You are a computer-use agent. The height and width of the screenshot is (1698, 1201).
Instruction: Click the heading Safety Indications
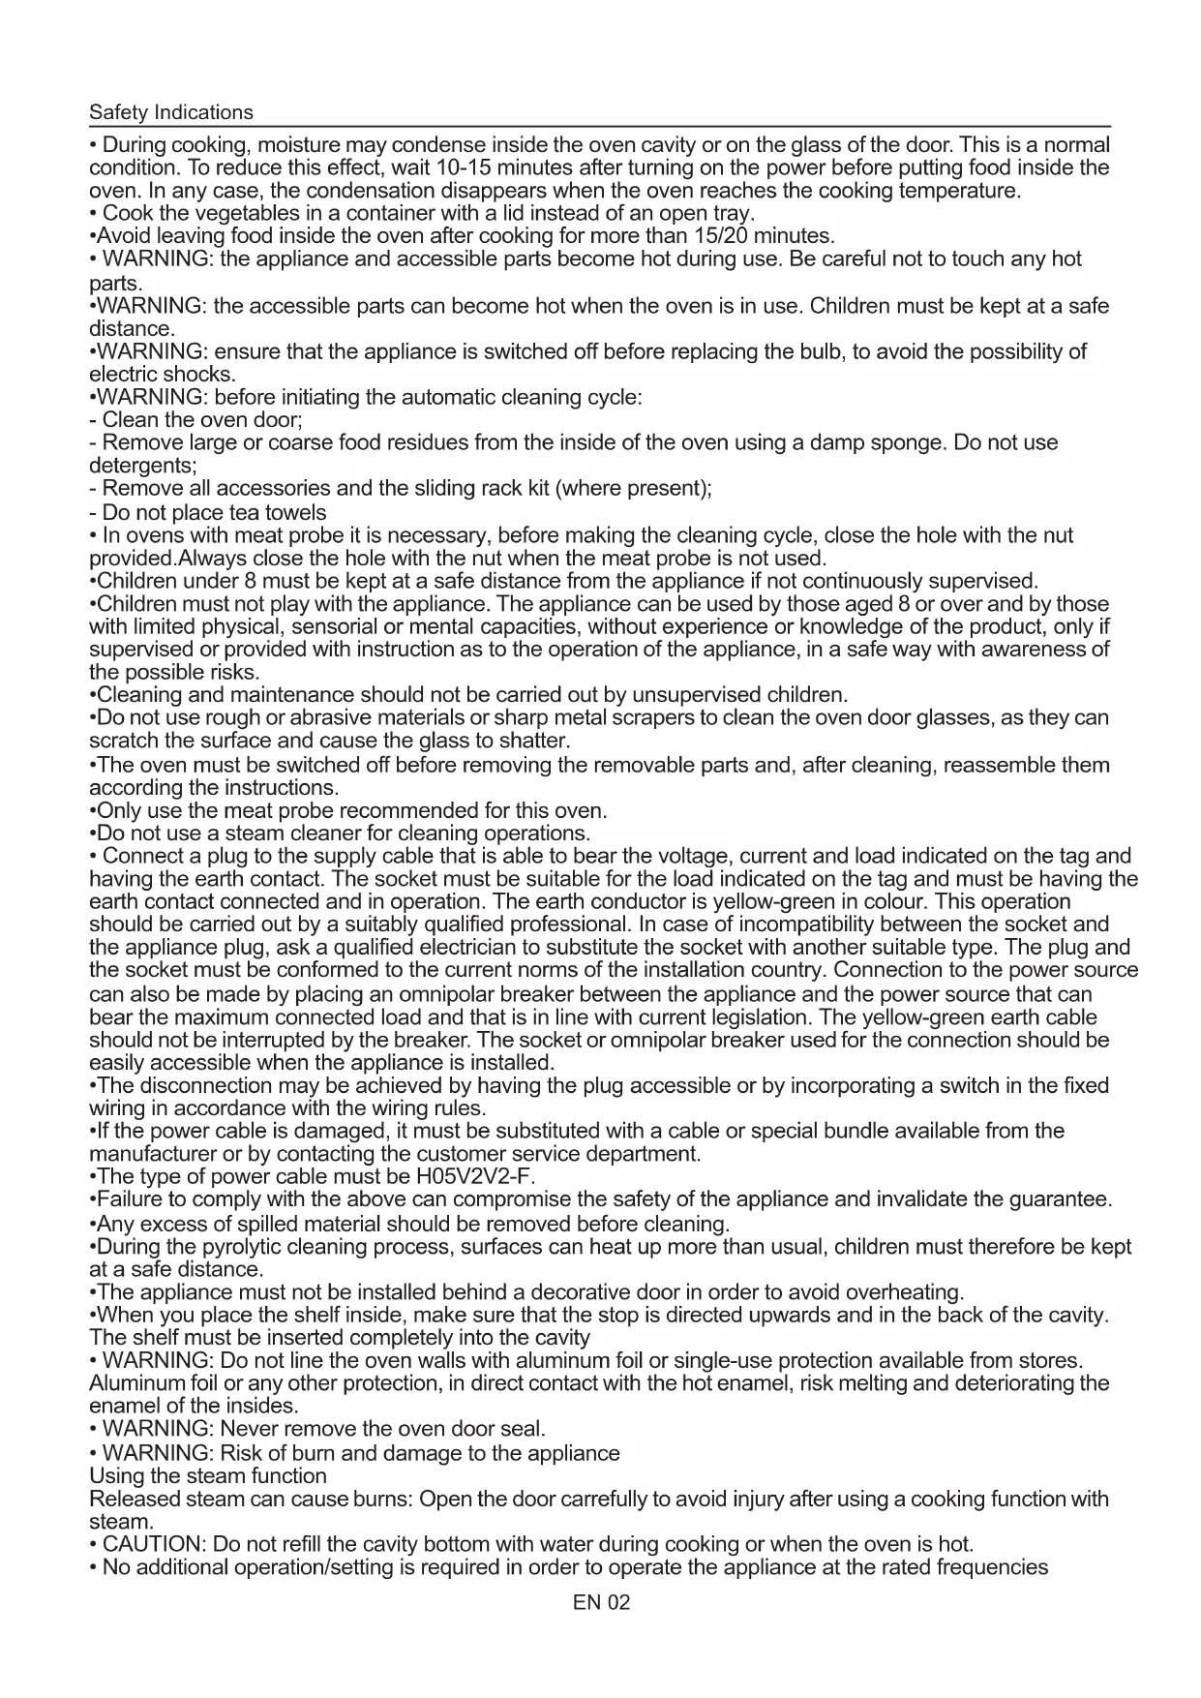tap(170, 112)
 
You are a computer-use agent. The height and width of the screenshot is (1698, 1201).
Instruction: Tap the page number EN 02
tap(601, 1602)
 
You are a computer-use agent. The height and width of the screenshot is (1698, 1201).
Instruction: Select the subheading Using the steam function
tap(208, 1476)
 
